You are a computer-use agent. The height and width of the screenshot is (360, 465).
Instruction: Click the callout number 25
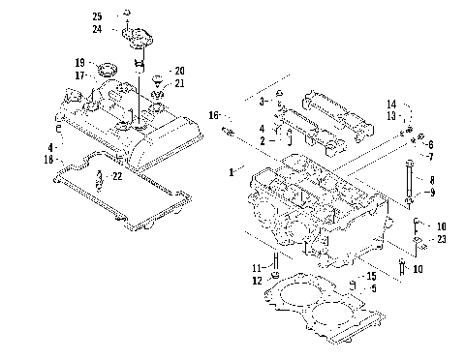tap(96, 17)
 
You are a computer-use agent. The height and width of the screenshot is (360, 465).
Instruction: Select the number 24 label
tap(96, 29)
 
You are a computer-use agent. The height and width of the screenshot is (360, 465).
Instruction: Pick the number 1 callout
tap(231, 171)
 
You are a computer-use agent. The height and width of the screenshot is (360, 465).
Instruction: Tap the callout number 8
tap(432, 181)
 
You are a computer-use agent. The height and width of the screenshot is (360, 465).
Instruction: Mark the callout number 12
tap(258, 280)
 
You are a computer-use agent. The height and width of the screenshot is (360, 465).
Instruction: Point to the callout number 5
tap(373, 288)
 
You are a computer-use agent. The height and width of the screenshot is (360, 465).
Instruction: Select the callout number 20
tap(179, 72)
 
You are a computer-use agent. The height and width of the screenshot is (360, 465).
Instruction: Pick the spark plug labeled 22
tap(103, 179)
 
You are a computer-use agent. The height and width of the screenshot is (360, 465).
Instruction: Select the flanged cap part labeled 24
tap(138, 43)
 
